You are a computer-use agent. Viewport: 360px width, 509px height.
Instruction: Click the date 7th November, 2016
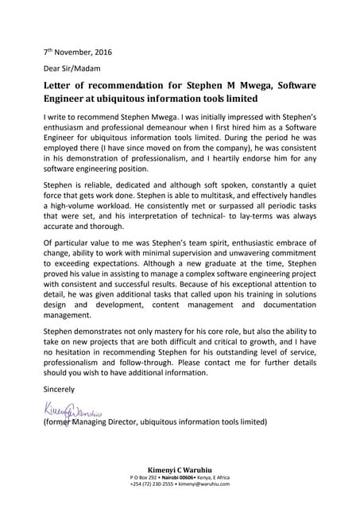click(77, 52)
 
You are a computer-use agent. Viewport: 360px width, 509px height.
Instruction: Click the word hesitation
click(78, 371)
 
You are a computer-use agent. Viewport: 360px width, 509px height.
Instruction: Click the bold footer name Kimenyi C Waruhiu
click(180, 470)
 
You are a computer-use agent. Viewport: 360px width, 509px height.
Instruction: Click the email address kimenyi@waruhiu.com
click(203, 485)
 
